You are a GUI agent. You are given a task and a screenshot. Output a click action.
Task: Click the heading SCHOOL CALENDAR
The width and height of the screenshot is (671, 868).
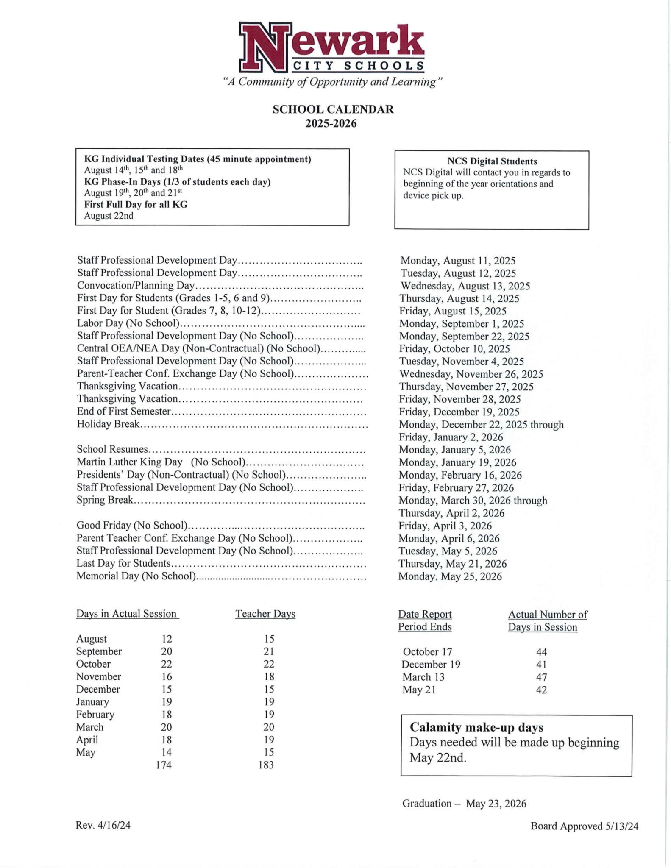pos(333,109)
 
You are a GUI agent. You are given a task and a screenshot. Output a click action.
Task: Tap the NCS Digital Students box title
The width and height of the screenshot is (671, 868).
pos(492,161)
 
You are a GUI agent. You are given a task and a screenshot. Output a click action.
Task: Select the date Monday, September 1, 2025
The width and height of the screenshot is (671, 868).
pos(461,324)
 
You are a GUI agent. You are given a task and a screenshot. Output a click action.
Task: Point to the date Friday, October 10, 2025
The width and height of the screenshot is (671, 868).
pos(454,349)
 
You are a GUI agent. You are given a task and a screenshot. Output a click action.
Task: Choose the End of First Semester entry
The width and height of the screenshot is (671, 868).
pos(124,412)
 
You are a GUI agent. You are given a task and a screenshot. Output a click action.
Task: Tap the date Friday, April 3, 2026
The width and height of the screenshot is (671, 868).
pos(445,526)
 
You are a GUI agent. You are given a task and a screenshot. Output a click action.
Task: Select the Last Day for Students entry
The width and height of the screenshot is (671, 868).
pos(123,563)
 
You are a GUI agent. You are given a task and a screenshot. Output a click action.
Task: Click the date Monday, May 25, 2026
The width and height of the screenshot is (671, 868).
pos(450,576)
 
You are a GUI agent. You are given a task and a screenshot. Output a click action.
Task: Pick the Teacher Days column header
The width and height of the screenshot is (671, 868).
pos(265,614)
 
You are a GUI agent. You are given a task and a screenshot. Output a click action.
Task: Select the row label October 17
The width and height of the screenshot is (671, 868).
pos(427,652)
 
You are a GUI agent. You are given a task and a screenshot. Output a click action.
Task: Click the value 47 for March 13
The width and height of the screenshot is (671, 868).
pos(541,677)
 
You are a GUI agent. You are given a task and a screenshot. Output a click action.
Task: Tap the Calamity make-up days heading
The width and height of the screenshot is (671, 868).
pos(476,727)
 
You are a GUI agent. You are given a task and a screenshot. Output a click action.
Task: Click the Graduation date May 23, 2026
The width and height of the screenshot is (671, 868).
pos(496,804)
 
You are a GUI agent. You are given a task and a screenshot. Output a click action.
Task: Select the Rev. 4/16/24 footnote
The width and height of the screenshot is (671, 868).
pos(103,825)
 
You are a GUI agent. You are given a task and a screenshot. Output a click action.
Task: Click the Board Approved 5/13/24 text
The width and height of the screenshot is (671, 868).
pos(584,826)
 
